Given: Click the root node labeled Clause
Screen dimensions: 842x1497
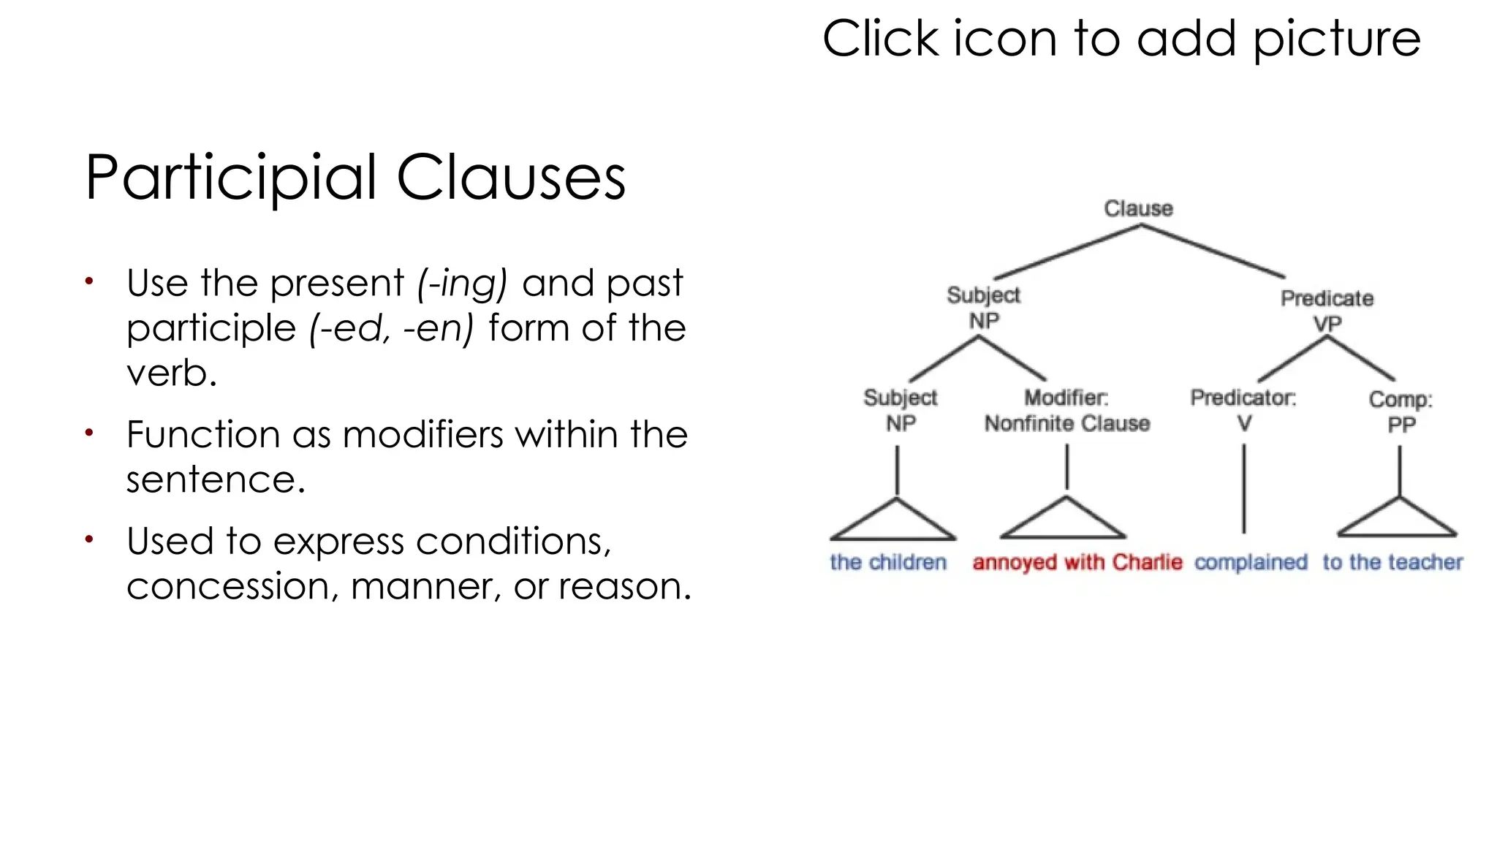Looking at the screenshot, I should [1138, 208].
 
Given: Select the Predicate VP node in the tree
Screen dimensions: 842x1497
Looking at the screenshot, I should [1327, 311].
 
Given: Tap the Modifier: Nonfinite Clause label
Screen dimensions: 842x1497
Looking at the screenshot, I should [1066, 411].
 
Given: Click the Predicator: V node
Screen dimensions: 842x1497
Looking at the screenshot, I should [1243, 410].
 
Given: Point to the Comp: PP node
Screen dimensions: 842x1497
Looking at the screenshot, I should [1401, 411].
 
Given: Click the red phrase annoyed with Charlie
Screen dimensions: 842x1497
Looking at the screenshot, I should [1077, 562].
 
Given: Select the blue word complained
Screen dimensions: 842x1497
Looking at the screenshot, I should [1251, 562].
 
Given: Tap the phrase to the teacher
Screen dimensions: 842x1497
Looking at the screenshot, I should [1392, 562].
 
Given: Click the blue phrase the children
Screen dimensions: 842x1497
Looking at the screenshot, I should [888, 562].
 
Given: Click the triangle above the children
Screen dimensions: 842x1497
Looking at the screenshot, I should [894, 523].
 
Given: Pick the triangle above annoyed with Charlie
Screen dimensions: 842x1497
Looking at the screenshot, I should [1064, 521].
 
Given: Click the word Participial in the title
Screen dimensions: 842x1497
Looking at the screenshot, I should [231, 178].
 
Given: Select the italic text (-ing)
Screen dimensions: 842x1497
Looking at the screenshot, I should [462, 284].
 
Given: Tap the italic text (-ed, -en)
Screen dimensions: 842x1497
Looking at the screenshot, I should [391, 328].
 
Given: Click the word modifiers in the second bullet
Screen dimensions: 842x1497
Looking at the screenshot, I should [424, 435].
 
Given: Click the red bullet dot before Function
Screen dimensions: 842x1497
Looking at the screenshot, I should [89, 433].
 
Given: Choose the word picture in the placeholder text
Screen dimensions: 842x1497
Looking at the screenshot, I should [1337, 39].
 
